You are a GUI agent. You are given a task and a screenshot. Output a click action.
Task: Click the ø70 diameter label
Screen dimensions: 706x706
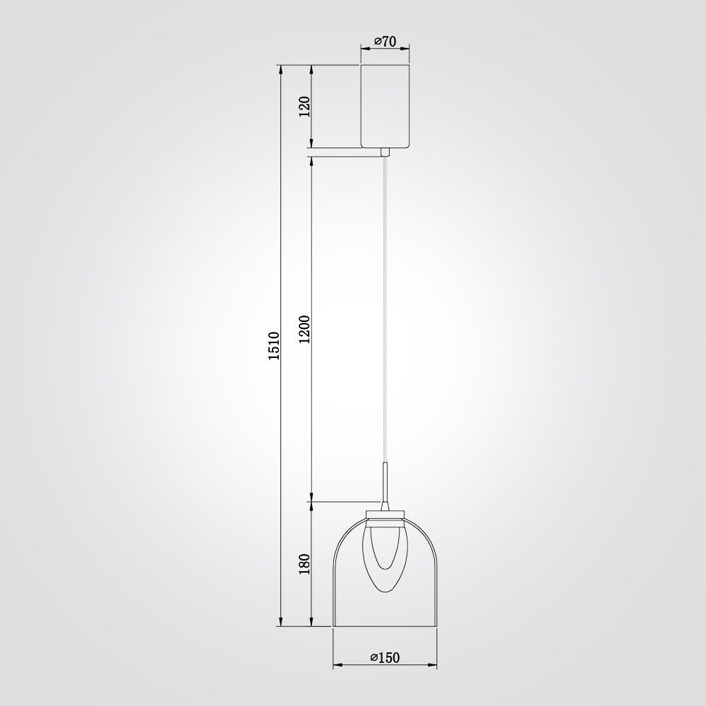pos(385,42)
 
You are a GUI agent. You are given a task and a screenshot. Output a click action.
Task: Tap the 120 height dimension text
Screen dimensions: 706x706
pos(305,107)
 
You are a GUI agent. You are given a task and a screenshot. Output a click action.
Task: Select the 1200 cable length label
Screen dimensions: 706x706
pos(305,329)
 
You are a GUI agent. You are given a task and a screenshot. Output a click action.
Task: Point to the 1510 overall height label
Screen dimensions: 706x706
pos(274,345)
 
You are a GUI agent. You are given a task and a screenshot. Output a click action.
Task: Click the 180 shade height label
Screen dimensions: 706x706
pos(305,563)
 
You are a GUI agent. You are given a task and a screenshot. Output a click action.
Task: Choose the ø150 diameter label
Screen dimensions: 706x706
pos(385,658)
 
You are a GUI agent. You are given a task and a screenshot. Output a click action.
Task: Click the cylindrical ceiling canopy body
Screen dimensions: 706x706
pos(385,107)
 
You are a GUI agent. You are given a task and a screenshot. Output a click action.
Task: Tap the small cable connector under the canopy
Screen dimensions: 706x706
pos(385,152)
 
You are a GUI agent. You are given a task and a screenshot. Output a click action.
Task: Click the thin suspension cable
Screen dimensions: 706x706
pos(384,309)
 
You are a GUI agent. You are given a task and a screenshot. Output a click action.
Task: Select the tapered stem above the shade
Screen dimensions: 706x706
pos(385,486)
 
